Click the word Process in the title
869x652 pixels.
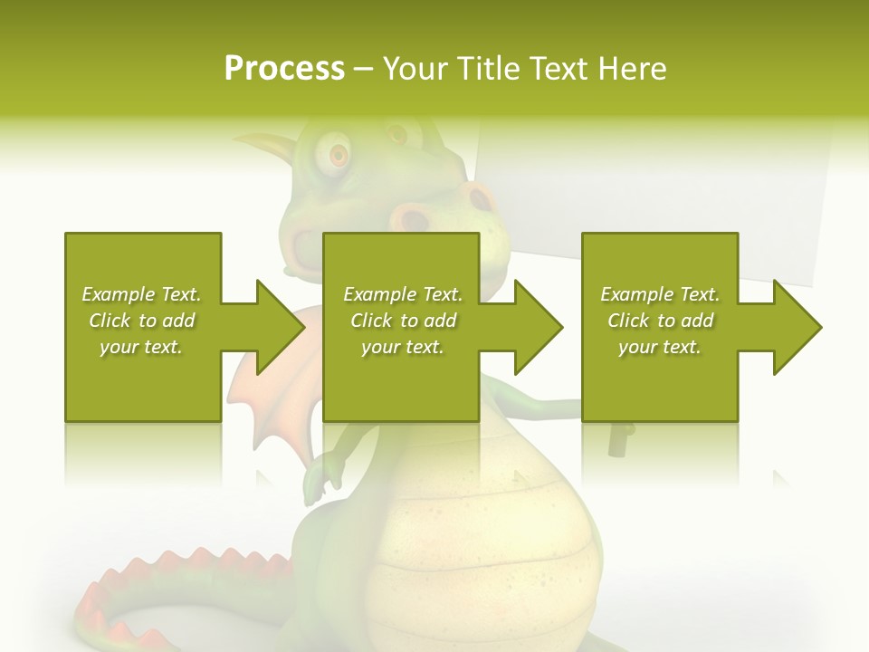coord(284,68)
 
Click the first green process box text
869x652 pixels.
coord(142,321)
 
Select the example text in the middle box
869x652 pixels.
coord(402,321)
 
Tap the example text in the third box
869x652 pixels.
coord(660,321)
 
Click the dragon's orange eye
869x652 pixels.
coord(339,155)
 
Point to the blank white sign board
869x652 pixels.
coord(652,181)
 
